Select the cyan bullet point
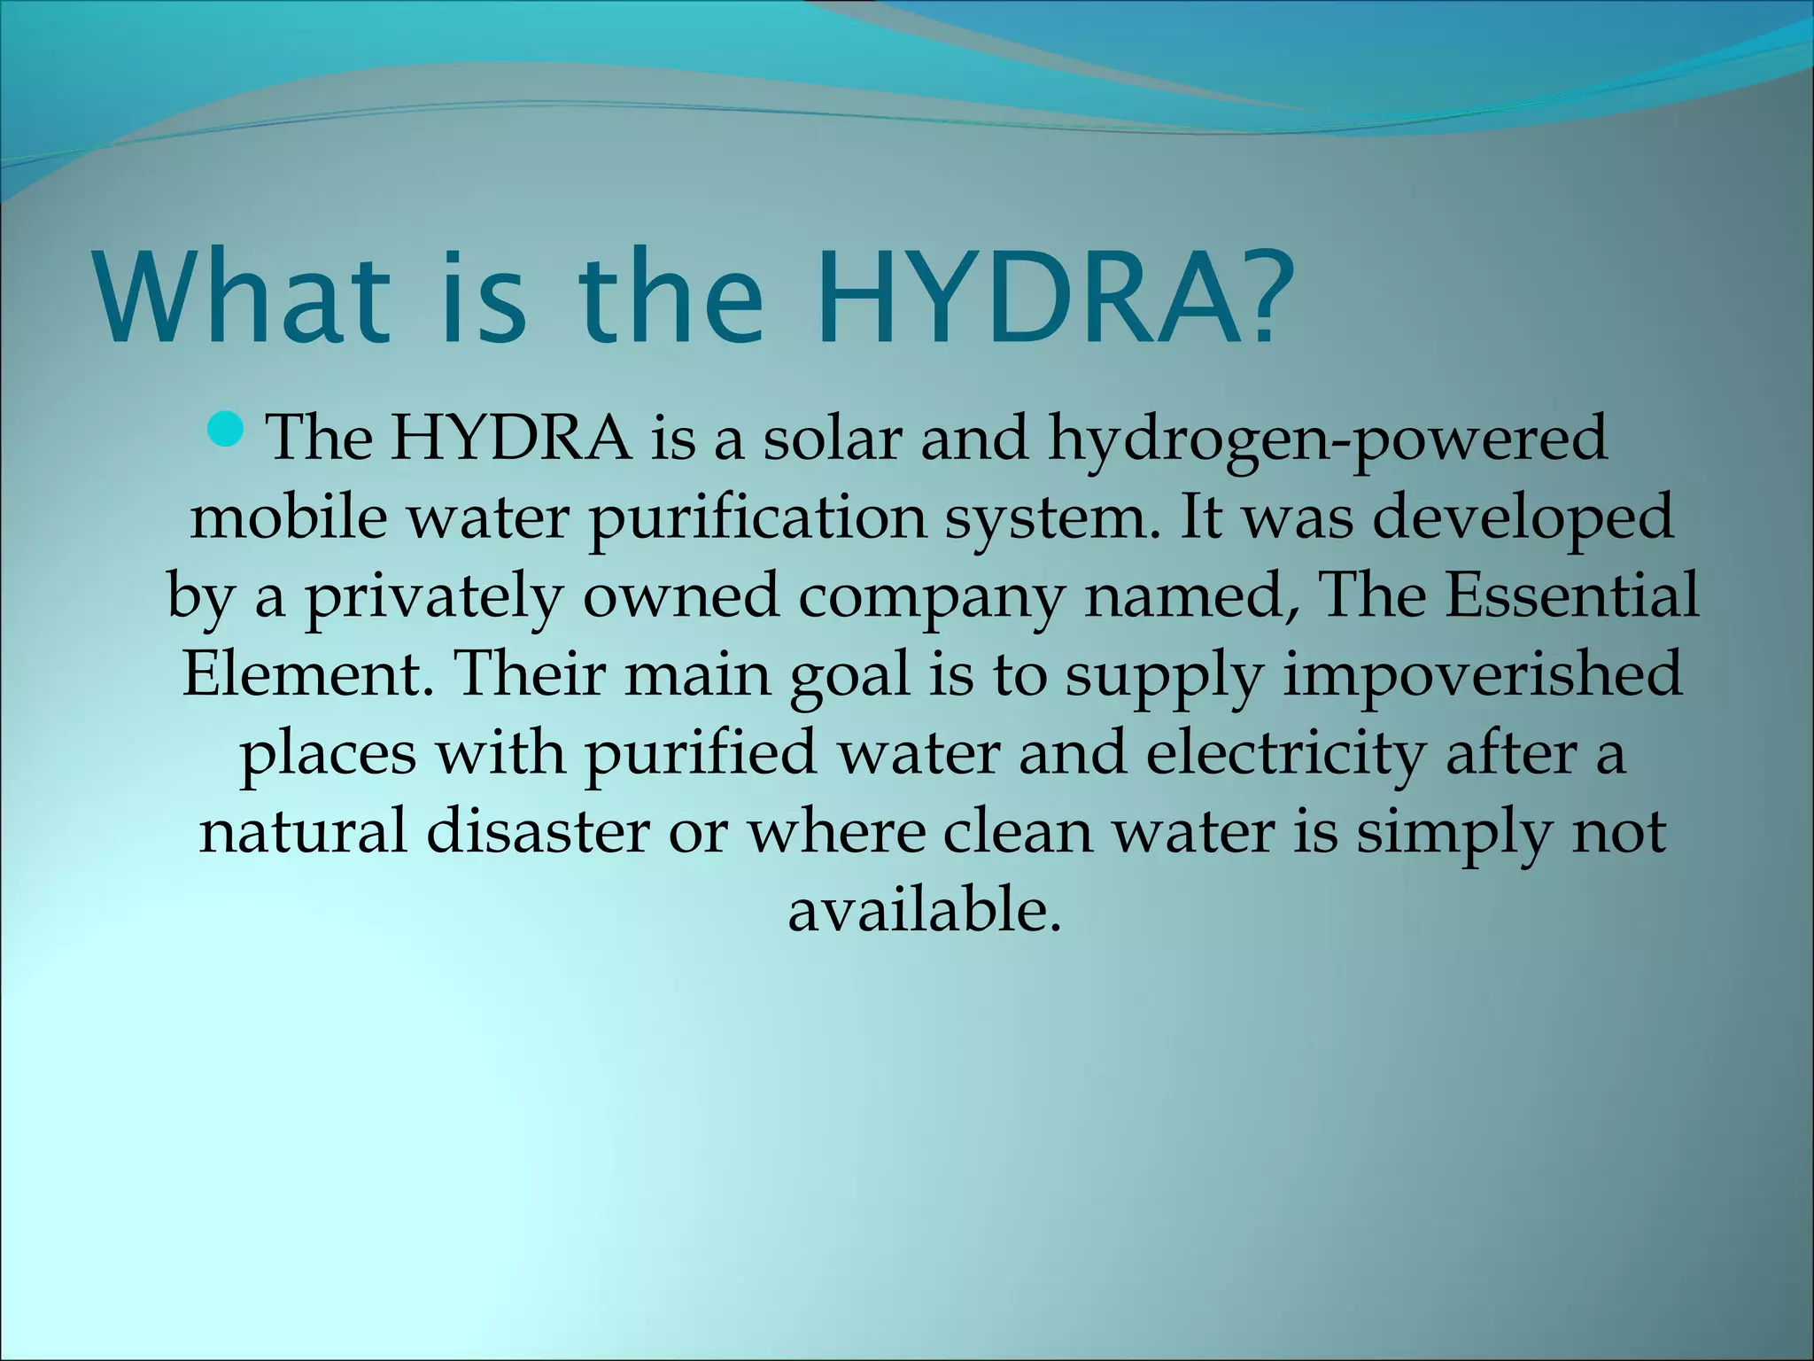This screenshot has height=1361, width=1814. click(x=226, y=431)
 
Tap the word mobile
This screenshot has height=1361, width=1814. click(x=288, y=516)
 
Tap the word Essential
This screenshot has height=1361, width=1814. click(x=1572, y=594)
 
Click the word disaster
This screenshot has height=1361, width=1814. click(x=538, y=831)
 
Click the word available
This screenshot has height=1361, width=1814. click(x=924, y=909)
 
